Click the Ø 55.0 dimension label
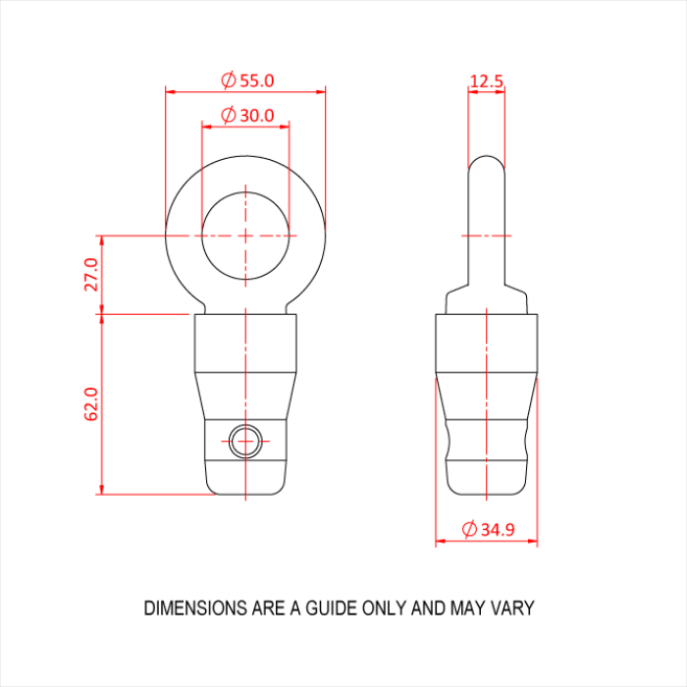(246, 80)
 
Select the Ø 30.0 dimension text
(246, 115)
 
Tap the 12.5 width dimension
(487, 80)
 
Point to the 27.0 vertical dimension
(91, 275)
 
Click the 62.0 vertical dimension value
(91, 404)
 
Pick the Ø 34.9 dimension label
(488, 530)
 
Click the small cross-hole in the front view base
(243, 442)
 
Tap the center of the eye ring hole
(245, 236)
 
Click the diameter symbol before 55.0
(227, 80)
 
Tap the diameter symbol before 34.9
(468, 530)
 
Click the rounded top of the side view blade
(487, 161)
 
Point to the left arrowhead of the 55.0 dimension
(170, 92)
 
